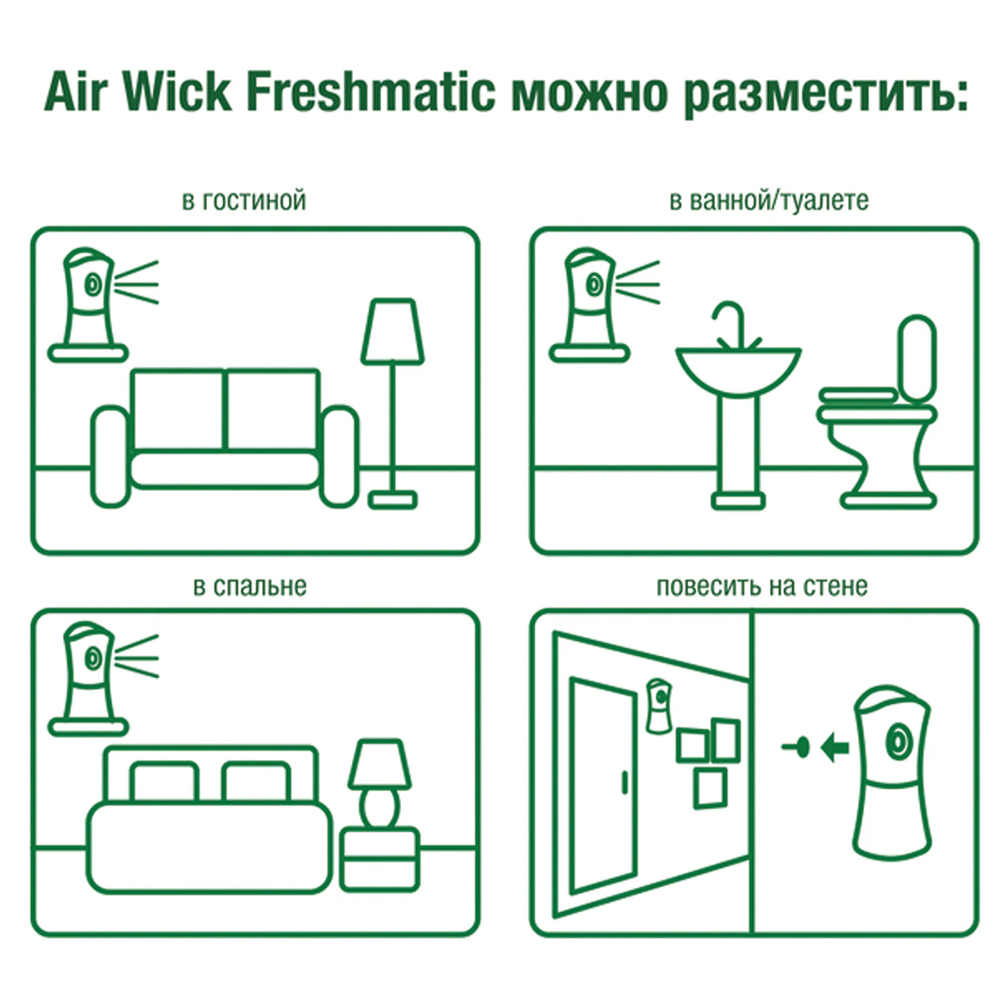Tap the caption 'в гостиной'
pyautogui.click(x=244, y=200)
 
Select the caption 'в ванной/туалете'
pyautogui.click(x=768, y=200)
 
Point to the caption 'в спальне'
pyautogui.click(x=249, y=586)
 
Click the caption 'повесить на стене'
pyautogui.click(x=761, y=586)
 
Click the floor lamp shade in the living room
pyautogui.click(x=392, y=332)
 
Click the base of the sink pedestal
pyautogui.click(x=738, y=500)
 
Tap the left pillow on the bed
pyautogui.click(x=164, y=782)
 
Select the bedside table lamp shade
pyautogui.click(x=380, y=764)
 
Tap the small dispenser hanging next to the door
pyautogui.click(x=658, y=706)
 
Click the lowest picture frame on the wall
pyautogui.click(x=710, y=788)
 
